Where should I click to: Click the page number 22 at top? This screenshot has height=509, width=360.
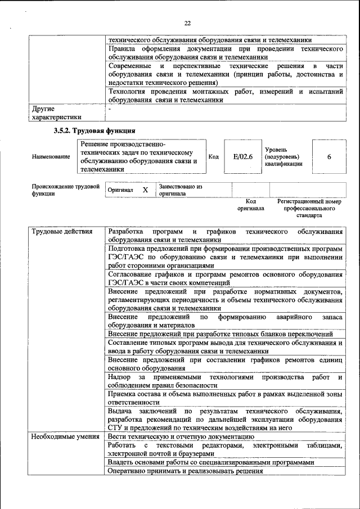pos(187,22)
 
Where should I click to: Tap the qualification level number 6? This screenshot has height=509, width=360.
pos(329,156)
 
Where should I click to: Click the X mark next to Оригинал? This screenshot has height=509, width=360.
pos(145,190)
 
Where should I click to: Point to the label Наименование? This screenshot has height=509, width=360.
pos(51,156)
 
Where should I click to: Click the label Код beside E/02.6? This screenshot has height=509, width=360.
pos(213,156)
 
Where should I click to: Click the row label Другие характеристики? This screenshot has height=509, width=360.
pos(56,112)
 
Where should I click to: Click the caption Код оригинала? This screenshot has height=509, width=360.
pos(251,205)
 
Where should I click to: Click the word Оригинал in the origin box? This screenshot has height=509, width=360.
pos(120,190)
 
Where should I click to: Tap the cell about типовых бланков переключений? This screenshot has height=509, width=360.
pos(220,334)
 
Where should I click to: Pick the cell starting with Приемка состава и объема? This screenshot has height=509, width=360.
pos(225,398)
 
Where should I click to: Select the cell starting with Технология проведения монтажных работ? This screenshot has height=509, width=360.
pos(225,96)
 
